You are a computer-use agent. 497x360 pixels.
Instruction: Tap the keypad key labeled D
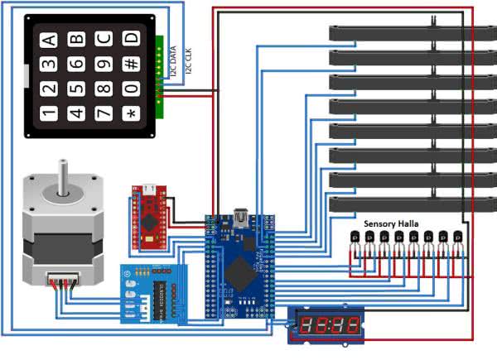(x=130, y=38)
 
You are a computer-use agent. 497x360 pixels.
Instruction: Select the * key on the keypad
(x=130, y=113)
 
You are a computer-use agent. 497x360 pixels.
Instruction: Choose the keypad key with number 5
(x=76, y=88)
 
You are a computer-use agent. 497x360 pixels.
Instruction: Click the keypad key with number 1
(x=49, y=113)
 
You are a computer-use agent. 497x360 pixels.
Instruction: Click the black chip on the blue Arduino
(x=240, y=269)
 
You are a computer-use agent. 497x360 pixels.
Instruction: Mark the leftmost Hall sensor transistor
(x=355, y=239)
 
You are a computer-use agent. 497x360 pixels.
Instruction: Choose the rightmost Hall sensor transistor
(x=457, y=239)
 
